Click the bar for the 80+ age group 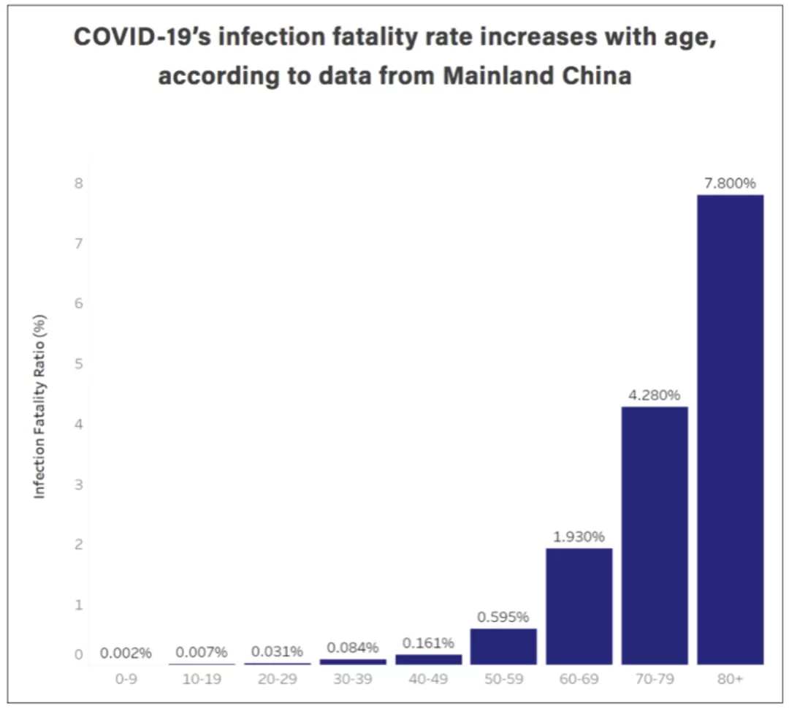730,430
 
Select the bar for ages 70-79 655,536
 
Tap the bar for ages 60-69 579,606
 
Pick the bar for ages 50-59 503,647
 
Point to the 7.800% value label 730,183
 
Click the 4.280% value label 654,395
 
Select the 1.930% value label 579,537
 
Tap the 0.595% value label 503,618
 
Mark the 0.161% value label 428,643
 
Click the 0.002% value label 126,653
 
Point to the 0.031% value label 278,651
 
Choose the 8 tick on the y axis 78,183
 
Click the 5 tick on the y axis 78,364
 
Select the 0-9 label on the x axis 126,679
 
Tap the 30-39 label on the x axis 353,679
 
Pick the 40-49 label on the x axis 428,679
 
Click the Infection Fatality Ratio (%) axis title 39,407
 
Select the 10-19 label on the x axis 202,679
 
